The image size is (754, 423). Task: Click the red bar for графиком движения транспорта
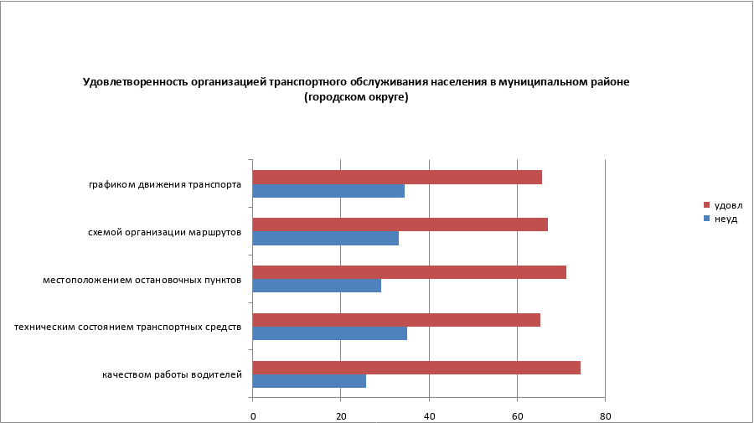click(397, 178)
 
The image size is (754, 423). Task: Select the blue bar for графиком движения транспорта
click(328, 191)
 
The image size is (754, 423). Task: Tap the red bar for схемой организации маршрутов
click(400, 224)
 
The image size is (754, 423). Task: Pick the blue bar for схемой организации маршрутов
click(325, 238)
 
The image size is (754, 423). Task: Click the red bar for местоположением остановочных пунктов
click(409, 272)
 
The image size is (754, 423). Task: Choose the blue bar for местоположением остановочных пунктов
click(317, 286)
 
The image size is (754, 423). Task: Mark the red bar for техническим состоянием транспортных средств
click(396, 320)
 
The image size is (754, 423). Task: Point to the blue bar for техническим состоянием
click(329, 333)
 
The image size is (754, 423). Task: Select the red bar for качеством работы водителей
click(416, 368)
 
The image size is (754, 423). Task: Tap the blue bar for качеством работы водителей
click(309, 381)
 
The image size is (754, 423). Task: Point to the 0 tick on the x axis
click(253, 415)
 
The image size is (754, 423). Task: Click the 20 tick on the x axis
click(341, 415)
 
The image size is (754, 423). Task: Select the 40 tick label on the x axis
click(429, 415)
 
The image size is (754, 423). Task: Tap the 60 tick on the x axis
click(517, 415)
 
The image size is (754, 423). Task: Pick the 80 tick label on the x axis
click(605, 415)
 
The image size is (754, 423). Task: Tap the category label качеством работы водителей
click(173, 374)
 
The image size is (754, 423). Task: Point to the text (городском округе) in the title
click(356, 97)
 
